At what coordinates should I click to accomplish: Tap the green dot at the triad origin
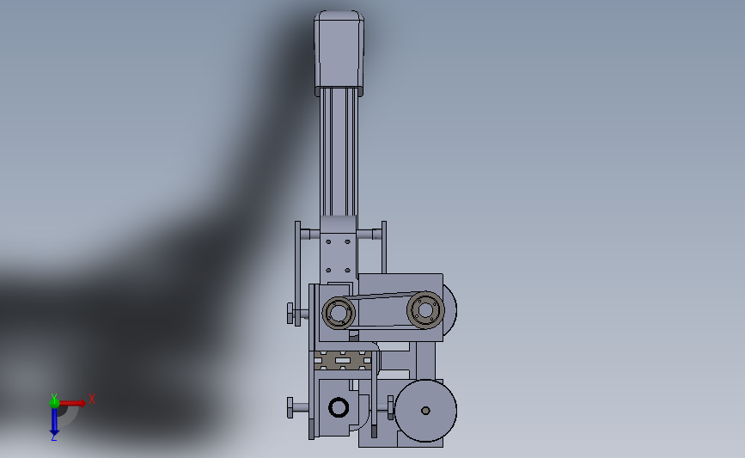tap(54, 403)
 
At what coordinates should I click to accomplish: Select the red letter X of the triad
tap(92, 399)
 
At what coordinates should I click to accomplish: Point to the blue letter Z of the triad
tap(53, 437)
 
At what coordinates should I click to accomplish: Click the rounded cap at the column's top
tap(339, 52)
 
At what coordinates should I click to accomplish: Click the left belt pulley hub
tap(339, 313)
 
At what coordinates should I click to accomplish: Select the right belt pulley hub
tap(425, 309)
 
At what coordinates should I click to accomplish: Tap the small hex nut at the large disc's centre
tap(425, 411)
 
